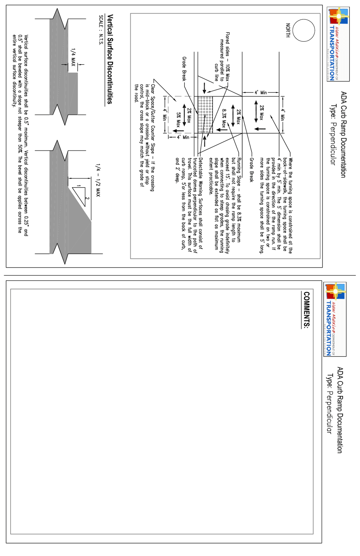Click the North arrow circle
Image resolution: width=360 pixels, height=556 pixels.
pos(304,30)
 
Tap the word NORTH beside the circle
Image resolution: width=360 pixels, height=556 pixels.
pos(288,30)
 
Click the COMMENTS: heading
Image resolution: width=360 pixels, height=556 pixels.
pos(306,309)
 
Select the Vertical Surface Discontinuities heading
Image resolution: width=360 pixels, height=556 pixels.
pos(110,59)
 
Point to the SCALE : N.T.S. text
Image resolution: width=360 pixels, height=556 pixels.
pos(101,30)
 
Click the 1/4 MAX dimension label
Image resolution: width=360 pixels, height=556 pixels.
pos(73,57)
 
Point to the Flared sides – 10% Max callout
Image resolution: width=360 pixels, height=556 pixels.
pos(227,56)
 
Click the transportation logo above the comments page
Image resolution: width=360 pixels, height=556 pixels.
pos(335,319)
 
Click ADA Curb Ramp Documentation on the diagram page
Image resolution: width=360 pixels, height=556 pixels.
pos(343,134)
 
